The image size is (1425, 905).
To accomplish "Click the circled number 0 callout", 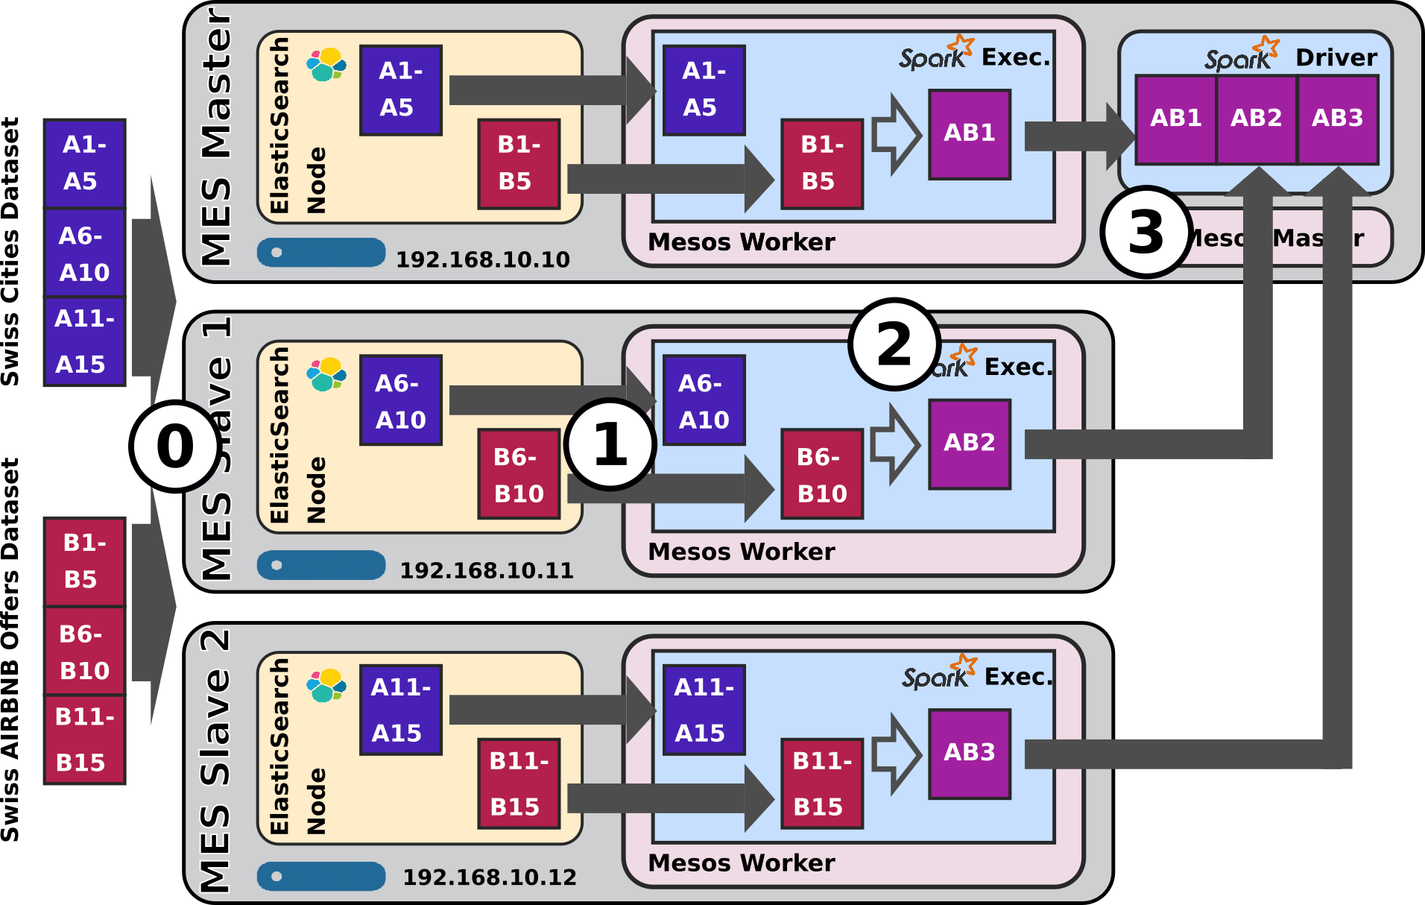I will [175, 446].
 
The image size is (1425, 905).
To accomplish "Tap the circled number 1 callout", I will [610, 444].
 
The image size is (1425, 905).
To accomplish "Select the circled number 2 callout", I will [894, 345].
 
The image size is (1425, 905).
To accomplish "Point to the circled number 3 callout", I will [1146, 233].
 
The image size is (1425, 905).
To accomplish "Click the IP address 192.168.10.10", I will [482, 259].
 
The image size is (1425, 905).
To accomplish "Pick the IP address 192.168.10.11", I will [486, 570].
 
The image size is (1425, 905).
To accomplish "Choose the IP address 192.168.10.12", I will [489, 877].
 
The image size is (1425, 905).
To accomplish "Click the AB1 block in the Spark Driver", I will [1176, 119].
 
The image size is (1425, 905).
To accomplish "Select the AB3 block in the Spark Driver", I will [1337, 119].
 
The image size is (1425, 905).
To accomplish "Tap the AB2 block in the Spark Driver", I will [1257, 119].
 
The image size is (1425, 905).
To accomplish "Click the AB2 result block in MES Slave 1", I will [969, 444].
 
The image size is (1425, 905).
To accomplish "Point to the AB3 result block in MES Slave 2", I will [969, 753].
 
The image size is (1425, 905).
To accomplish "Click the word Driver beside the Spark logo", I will [1336, 57].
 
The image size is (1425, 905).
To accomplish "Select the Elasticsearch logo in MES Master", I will [326, 65].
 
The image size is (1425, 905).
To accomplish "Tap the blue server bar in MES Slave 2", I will [321, 876].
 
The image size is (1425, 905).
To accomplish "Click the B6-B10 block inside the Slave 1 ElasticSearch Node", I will [519, 474].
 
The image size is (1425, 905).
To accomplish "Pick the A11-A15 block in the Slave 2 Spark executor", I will [704, 709].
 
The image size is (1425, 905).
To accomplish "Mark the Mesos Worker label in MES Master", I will [741, 242].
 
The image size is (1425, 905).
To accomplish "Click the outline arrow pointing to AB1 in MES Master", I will [897, 135].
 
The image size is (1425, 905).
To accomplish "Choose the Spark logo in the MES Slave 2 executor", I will [938, 672].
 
